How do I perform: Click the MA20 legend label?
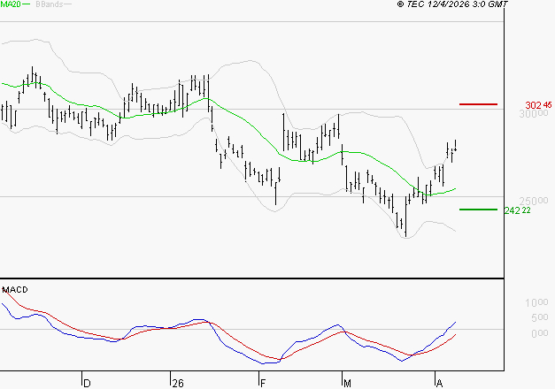point(12,5)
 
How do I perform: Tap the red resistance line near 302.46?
point(478,104)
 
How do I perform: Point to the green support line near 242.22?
point(478,210)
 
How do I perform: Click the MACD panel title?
point(15,289)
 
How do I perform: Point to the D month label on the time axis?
point(87,384)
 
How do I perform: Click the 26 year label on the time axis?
point(178,384)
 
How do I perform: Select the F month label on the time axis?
point(263,384)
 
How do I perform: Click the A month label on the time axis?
point(439,384)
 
